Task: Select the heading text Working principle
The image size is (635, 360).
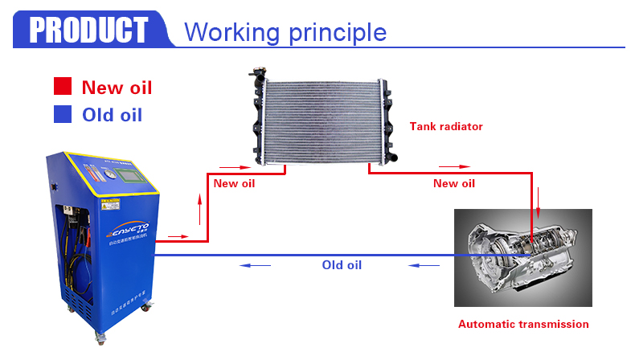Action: [x=285, y=32]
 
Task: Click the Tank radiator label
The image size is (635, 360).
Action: [x=446, y=126]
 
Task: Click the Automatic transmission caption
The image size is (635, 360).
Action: [x=523, y=325]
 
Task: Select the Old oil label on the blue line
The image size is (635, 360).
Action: [x=342, y=265]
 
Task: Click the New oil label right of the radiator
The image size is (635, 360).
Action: [x=454, y=183]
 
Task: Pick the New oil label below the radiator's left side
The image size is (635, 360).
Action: [x=234, y=183]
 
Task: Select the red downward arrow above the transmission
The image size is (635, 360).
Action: [x=539, y=197]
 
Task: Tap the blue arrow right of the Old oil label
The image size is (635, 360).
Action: [x=423, y=265]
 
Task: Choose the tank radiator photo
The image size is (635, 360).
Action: [x=322, y=121]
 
